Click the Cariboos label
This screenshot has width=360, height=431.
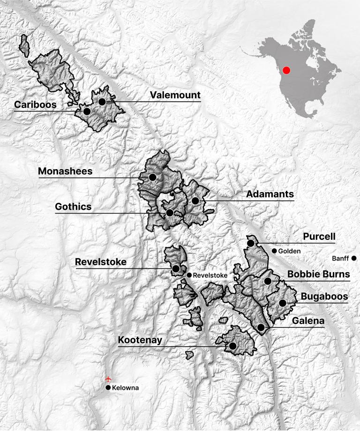pos(35,104)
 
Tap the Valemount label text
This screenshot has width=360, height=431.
pos(175,95)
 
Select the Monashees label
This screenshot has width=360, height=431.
pos(65,171)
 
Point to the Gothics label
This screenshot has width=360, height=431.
pos(74,207)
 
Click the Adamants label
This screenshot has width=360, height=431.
pos(270,194)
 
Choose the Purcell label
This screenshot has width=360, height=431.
pos(319,237)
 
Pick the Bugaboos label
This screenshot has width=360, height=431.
pos(324,297)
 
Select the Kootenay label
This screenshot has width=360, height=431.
pos(140,340)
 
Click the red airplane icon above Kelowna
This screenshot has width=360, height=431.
pos(108,378)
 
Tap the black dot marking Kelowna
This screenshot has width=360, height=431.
pos(108,388)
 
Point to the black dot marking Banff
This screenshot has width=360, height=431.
pos(354,258)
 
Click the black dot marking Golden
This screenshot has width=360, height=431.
pos(274,251)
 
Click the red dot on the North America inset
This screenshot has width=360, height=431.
pos(287,70)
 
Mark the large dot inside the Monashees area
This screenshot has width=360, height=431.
pos(152,177)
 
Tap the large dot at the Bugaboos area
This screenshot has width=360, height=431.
pos(283,303)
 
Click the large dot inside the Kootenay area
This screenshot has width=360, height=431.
pos(232,346)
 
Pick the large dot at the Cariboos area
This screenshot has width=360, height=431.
pos(86,111)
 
